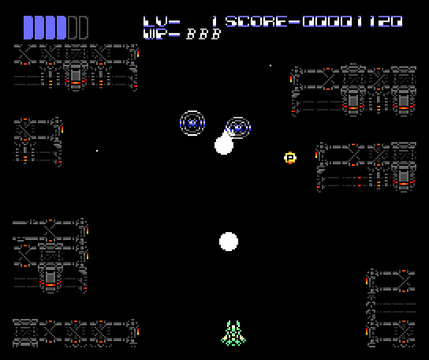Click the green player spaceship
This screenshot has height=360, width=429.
click(x=233, y=333)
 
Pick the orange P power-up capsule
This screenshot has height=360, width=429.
click(x=290, y=158)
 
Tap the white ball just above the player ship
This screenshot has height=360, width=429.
click(x=229, y=242)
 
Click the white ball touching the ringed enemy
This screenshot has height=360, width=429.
click(x=224, y=145)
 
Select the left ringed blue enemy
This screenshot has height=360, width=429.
click(x=192, y=123)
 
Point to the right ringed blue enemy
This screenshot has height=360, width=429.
click(x=238, y=128)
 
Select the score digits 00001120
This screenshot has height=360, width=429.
click(x=353, y=21)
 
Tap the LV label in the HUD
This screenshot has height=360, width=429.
click(x=162, y=21)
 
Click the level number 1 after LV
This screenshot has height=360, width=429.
click(x=214, y=21)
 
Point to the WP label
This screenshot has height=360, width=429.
click(x=162, y=34)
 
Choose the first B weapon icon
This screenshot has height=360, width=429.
click(x=191, y=34)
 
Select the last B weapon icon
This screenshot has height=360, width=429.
click(x=216, y=34)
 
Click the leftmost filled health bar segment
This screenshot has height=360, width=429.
click(x=28, y=27)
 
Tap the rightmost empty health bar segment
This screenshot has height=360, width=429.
click(x=83, y=27)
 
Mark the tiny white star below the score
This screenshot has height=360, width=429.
click(x=270, y=66)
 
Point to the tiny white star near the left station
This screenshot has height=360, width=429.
click(x=97, y=151)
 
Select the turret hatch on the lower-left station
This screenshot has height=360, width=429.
click(x=50, y=277)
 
